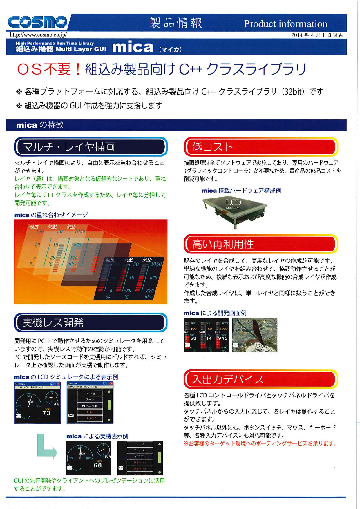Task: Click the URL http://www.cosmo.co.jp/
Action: pos(38,35)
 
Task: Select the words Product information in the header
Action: pos(285,24)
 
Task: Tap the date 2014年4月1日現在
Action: pos(317,35)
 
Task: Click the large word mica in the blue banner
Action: pos(133,47)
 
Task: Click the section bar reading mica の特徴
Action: pos(40,125)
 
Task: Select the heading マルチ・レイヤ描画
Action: pos(69,147)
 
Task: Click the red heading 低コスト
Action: pos(213,147)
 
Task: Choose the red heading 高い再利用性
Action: pos(222,244)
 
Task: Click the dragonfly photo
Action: pos(255,335)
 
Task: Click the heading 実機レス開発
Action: pos(53,323)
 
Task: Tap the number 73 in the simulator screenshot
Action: pos(46,413)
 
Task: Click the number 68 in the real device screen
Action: pos(98,465)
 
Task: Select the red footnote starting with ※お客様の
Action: pos(260,444)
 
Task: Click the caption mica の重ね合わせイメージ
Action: pos(51,215)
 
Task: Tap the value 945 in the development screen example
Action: pos(222,338)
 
